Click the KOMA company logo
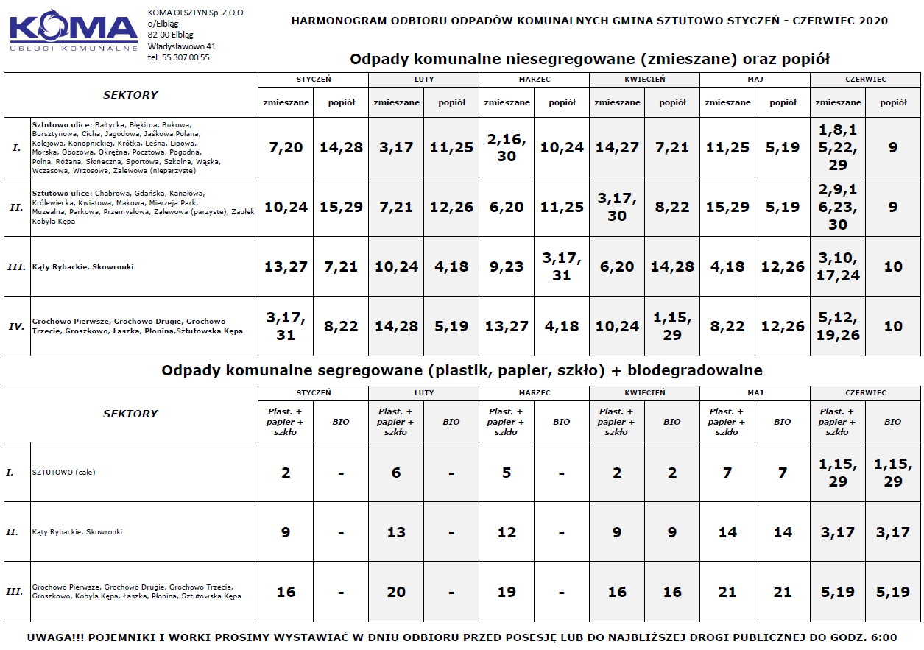pos(74,31)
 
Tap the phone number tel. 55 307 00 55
pos(178,57)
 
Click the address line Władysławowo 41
pos(181,46)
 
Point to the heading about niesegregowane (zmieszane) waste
pos(589,59)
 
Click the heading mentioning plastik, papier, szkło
pos(462,370)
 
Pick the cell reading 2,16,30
pos(507,147)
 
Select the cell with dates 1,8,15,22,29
pos(838,147)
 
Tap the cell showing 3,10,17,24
pos(838,266)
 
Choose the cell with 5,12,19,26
pos(838,326)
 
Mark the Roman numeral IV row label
pos(16,326)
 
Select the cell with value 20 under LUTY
pos(396,592)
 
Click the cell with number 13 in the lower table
pos(396,532)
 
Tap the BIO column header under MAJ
pos(783,422)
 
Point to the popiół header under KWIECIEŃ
pos(672,102)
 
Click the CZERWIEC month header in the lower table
pos(865,393)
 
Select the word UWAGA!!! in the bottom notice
pos(50,637)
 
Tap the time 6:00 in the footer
pos(882,637)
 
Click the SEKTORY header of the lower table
pos(130,414)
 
